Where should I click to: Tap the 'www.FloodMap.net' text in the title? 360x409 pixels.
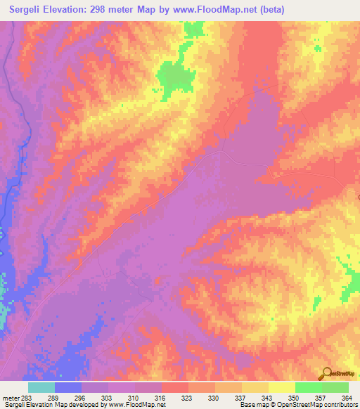point(224,10)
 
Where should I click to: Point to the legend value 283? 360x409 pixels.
point(27,397)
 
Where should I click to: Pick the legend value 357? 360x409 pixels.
point(321,397)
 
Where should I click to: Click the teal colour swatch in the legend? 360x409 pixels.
point(41,387)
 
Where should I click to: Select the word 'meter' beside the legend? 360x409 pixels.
point(10,397)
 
